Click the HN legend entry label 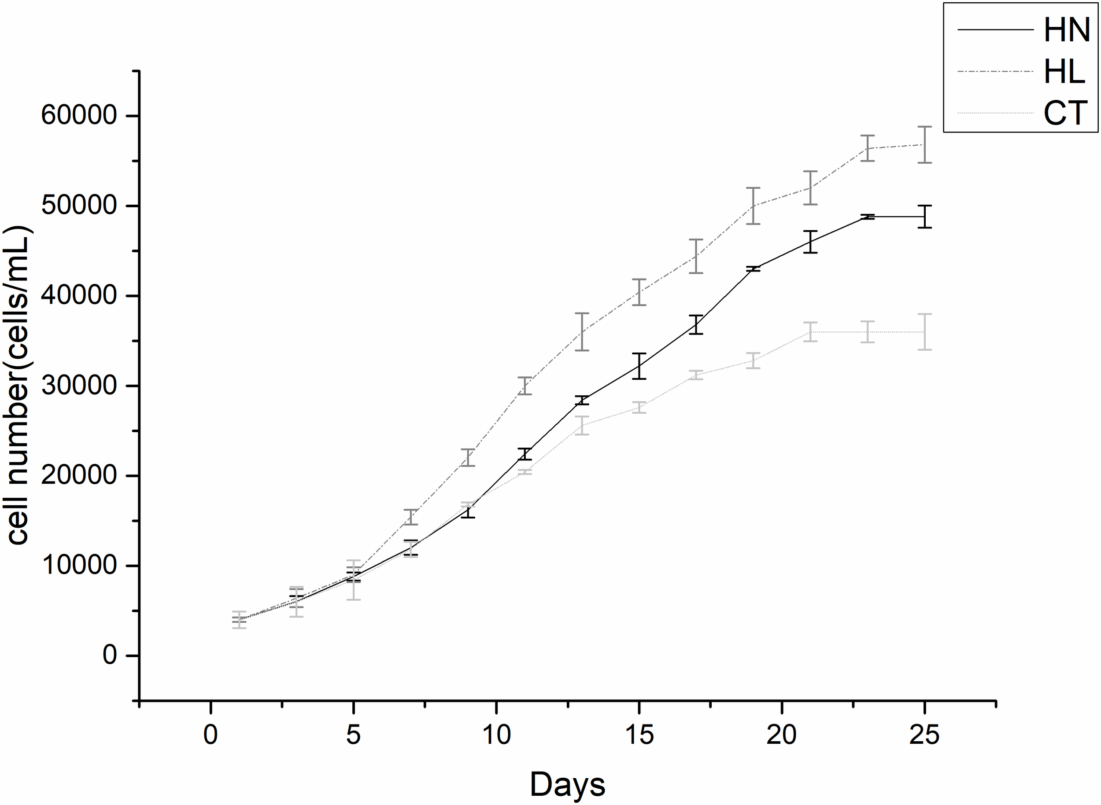tap(1066, 30)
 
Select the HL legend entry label tap(1064, 72)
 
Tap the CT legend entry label tap(1065, 113)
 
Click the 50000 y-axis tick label tap(79, 206)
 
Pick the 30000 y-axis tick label tap(79, 386)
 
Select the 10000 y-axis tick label tap(79, 565)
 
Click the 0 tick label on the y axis tap(110, 655)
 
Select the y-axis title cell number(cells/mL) tap(19, 385)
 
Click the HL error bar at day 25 tap(924, 145)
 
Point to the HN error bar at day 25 tap(924, 217)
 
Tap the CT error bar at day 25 tap(924, 332)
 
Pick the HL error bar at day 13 tap(582, 331)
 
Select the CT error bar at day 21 tap(810, 332)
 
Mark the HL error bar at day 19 tap(754, 206)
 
